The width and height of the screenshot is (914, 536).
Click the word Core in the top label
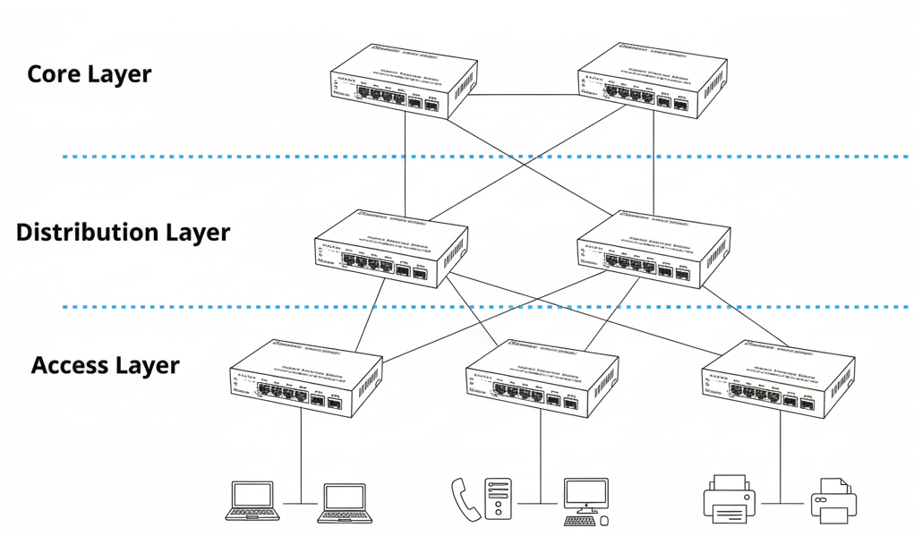[55, 73]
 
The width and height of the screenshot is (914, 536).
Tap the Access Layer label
[105, 365]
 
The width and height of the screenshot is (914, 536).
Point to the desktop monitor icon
[585, 495]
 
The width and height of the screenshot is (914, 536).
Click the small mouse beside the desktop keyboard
[604, 520]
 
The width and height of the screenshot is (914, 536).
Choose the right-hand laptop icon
[345, 503]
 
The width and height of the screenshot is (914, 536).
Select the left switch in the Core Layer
[399, 81]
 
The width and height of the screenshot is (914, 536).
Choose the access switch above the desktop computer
[542, 378]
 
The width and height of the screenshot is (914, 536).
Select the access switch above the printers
[775, 379]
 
